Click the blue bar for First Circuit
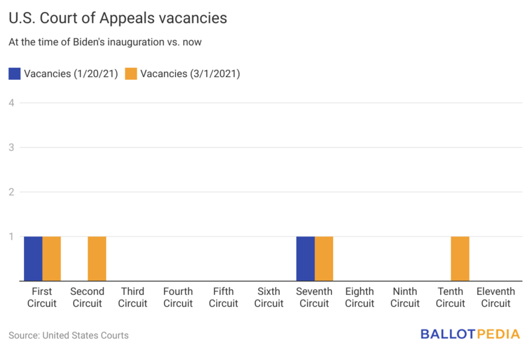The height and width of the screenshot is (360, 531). click(33, 258)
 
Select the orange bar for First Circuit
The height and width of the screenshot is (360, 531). click(52, 258)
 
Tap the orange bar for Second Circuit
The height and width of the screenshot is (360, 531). click(97, 258)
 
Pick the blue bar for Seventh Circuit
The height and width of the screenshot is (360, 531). click(305, 258)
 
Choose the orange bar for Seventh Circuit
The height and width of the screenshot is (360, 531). click(324, 258)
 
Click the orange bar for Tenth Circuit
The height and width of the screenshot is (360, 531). click(460, 258)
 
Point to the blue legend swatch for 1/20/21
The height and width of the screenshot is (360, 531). click(15, 74)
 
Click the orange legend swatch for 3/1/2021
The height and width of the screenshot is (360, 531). click(130, 74)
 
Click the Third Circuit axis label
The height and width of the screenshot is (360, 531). click(133, 298)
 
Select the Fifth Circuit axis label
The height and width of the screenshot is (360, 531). click(224, 298)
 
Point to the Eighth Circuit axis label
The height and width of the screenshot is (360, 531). click(360, 298)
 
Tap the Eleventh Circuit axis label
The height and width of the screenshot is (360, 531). click(495, 298)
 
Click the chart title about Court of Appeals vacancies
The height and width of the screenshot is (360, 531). click(118, 19)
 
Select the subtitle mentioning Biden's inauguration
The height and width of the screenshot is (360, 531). click(105, 43)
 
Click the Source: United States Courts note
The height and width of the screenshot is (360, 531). click(68, 335)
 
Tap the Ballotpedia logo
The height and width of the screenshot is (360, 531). click(470, 334)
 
